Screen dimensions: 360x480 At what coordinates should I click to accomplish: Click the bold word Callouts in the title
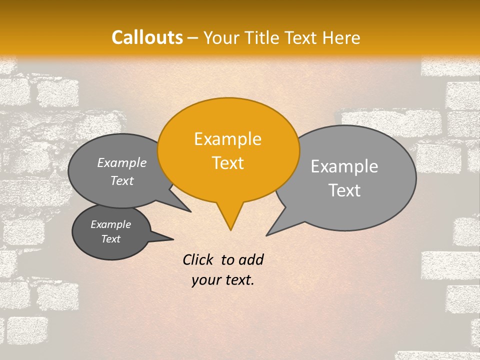click(147, 37)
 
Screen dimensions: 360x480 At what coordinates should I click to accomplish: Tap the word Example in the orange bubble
click(227, 139)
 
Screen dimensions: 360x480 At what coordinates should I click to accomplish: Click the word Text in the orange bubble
click(227, 163)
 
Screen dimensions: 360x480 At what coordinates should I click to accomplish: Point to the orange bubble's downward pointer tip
click(230, 229)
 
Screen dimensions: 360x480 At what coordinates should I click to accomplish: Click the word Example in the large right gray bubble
click(344, 166)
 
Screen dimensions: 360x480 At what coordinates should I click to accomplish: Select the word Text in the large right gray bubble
click(344, 190)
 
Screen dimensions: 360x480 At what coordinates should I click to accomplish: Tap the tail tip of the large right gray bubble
click(267, 235)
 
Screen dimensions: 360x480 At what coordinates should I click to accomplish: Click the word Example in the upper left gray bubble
click(122, 162)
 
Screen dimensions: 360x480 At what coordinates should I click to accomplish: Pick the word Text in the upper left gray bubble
click(122, 181)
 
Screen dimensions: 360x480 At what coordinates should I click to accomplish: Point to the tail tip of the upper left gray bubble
click(190, 211)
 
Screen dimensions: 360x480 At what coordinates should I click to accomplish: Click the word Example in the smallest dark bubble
click(110, 224)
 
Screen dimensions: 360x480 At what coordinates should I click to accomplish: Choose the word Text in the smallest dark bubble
click(110, 239)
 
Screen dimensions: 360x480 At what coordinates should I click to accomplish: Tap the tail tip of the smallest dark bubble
click(173, 239)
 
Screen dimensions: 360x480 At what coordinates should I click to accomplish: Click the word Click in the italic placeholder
click(198, 259)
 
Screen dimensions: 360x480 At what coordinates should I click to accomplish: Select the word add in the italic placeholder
click(251, 259)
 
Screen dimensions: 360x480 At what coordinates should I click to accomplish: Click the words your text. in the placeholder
click(223, 280)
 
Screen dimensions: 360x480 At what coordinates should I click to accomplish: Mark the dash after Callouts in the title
click(193, 38)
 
